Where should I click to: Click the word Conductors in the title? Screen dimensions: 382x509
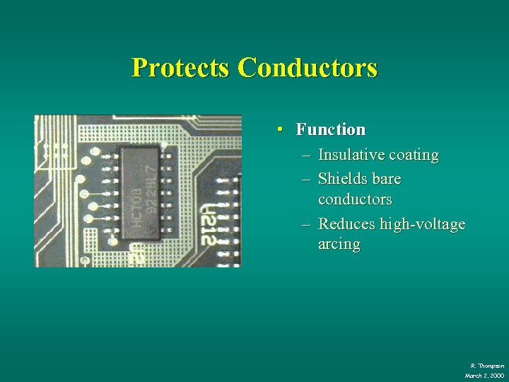tap(308, 68)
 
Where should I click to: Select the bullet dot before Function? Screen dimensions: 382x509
tap(281, 129)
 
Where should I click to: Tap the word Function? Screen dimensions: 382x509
tap(331, 129)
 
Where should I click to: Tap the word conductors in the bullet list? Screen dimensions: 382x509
tap(355, 199)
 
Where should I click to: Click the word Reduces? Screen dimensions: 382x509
tap(346, 224)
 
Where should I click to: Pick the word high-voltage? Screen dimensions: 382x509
tap(423, 224)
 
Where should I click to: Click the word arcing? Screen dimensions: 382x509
tap(339, 245)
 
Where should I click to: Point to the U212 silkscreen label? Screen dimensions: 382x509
tap(209, 224)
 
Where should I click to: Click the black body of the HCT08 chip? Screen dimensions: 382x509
tap(142, 212)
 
